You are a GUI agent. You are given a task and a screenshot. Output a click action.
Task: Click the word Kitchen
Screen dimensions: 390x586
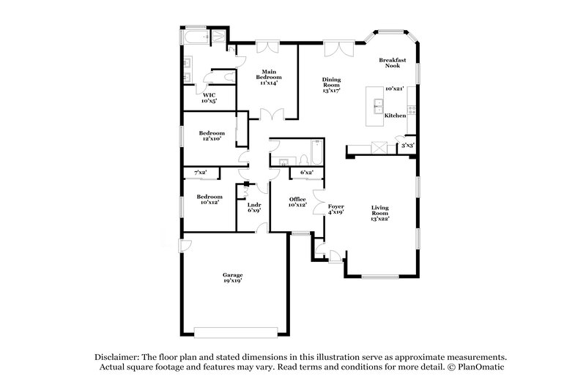pyautogui.click(x=396, y=116)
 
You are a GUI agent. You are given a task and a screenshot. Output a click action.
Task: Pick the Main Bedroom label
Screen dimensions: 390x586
pyautogui.click(x=267, y=75)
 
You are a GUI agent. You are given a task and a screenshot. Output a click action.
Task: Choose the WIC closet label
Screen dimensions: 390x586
pyautogui.click(x=209, y=95)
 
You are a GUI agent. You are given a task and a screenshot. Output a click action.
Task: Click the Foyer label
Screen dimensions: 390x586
pyautogui.click(x=335, y=206)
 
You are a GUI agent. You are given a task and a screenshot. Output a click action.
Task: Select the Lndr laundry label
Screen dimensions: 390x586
pyautogui.click(x=254, y=206)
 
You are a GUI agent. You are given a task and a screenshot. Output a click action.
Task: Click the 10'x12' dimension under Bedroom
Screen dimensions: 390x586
pyautogui.click(x=209, y=203)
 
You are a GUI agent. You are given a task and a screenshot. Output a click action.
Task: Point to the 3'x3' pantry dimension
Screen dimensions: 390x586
pyautogui.click(x=407, y=146)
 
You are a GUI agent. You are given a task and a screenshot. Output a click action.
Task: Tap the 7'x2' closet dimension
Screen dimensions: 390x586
pyautogui.click(x=200, y=172)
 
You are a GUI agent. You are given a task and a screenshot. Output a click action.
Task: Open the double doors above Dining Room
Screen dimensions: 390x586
pyautogui.click(x=337, y=48)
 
